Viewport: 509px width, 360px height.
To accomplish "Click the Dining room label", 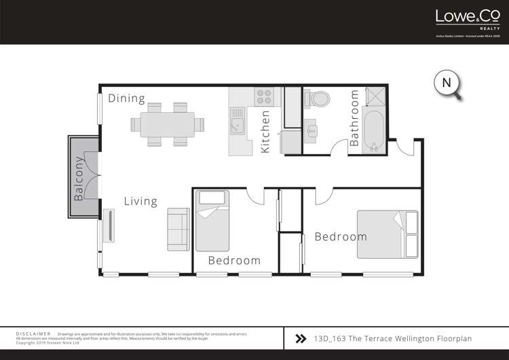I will click(x=126, y=98).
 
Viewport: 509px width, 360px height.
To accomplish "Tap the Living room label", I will click(x=140, y=201).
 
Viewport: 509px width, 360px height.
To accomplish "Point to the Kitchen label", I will click(x=265, y=131).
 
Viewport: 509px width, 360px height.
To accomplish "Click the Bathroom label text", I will click(x=354, y=119).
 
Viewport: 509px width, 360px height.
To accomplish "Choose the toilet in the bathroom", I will click(x=318, y=98).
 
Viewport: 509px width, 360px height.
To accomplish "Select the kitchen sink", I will click(x=236, y=126).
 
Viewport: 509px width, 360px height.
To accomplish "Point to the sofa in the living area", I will click(x=178, y=228).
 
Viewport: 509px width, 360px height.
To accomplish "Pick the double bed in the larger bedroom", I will click(x=388, y=234).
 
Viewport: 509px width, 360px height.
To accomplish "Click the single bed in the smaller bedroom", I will click(x=212, y=221).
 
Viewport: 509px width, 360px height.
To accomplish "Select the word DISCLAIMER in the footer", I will click(x=33, y=334).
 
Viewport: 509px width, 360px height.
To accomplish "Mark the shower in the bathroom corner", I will click(x=374, y=98).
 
